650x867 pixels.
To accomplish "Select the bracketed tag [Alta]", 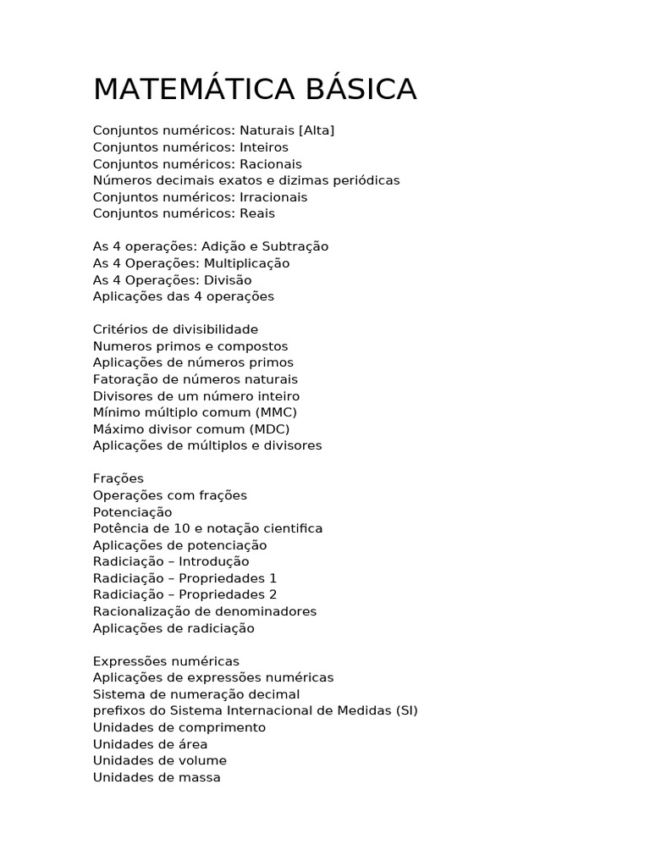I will [x=317, y=130].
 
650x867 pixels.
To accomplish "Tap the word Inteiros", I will [x=264, y=147].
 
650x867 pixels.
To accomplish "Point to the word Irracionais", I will [x=273, y=197].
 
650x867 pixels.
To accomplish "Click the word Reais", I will [x=257, y=213].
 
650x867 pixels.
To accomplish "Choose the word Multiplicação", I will [x=247, y=263].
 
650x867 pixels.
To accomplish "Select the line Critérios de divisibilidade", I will [x=175, y=329].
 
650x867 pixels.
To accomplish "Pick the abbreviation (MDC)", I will [x=267, y=429].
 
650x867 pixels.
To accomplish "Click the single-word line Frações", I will [x=118, y=478].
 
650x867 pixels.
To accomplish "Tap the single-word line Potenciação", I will [x=132, y=512].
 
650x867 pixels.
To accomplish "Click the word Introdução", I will [x=213, y=561].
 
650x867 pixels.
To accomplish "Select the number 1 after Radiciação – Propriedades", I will [x=273, y=578].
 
